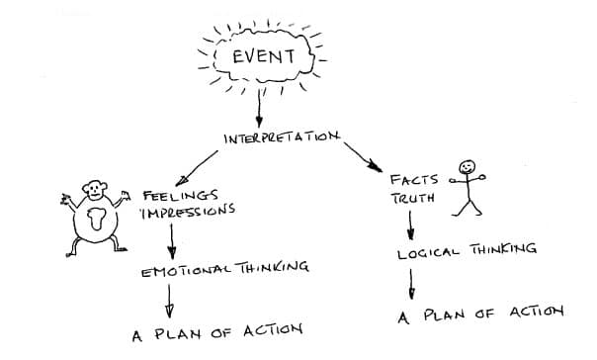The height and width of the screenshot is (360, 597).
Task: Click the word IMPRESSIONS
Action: (x=189, y=211)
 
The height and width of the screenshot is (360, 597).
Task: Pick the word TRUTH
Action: (x=412, y=199)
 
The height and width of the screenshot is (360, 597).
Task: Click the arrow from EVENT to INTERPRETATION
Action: (x=260, y=105)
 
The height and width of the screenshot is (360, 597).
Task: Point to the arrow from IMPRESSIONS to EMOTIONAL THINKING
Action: (x=173, y=240)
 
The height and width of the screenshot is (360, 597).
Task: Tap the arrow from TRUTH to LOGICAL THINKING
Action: (x=411, y=225)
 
